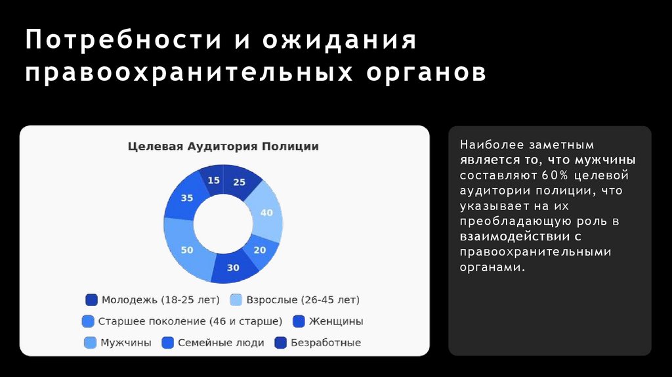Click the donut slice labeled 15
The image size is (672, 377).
tap(213, 180)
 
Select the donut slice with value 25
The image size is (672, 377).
tap(239, 182)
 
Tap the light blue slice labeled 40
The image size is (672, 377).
tap(266, 213)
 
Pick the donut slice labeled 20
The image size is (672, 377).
tap(260, 250)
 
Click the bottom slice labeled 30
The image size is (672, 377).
tap(233, 267)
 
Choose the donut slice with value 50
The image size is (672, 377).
tap(188, 250)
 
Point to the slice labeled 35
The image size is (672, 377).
tap(187, 198)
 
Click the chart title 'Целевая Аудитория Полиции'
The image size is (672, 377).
tap(223, 146)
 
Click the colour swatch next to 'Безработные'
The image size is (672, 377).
tap(280, 343)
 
